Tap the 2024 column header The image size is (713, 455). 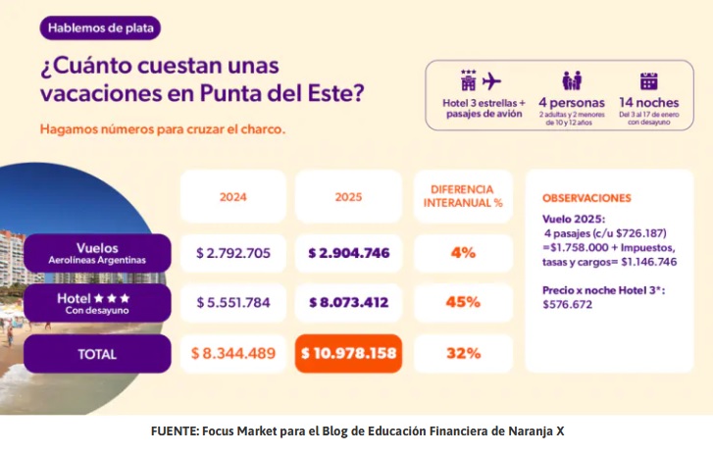(232, 196)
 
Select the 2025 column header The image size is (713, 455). (348, 196)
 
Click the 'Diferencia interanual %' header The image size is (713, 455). (462, 196)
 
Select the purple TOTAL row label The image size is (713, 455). (97, 354)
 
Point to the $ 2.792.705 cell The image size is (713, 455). (233, 253)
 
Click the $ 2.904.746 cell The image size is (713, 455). (348, 253)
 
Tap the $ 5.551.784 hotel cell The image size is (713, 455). (233, 303)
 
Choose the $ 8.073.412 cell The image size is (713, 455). (348, 303)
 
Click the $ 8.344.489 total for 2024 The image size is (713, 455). (233, 354)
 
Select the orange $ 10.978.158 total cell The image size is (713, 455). (348, 354)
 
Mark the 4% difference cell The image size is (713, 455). (462, 253)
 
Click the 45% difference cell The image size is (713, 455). (462, 303)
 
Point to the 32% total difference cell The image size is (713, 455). (462, 354)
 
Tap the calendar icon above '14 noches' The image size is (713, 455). (648, 81)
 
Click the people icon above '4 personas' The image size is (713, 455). (572, 81)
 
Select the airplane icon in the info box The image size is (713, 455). (492, 80)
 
